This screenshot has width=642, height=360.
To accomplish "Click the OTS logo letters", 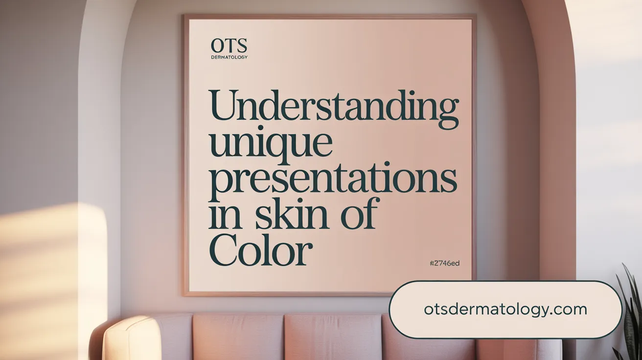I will pyautogui.click(x=229, y=47).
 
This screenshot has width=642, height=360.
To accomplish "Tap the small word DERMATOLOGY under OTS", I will pyautogui.click(x=229, y=57).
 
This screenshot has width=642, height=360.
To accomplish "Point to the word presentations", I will pyautogui.click(x=333, y=180).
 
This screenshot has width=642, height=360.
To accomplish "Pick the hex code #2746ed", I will pyautogui.click(x=444, y=263).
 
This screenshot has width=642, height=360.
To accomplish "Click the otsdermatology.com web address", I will pyautogui.click(x=505, y=309).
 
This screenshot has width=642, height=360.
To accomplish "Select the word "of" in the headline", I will pyautogui.click(x=360, y=216).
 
